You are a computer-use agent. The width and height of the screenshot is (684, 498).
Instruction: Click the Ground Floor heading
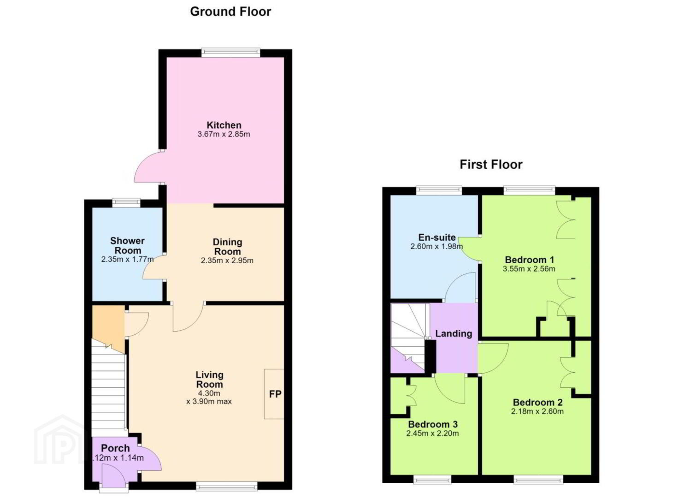tap(230, 12)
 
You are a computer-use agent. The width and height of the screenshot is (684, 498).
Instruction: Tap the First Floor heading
tap(491, 165)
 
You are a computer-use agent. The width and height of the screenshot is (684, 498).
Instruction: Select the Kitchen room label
tap(224, 125)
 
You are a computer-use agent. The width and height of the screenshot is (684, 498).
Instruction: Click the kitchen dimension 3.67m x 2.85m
tap(224, 134)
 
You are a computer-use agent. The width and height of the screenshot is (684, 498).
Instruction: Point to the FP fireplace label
tap(275, 394)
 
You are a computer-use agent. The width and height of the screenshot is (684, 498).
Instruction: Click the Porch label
tap(115, 448)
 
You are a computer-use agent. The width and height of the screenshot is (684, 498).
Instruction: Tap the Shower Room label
tap(127, 246)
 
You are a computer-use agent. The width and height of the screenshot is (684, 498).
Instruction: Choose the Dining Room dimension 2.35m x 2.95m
tap(227, 261)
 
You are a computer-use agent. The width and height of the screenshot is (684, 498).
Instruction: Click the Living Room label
tap(209, 379)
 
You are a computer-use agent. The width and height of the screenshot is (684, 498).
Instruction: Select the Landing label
tap(454, 333)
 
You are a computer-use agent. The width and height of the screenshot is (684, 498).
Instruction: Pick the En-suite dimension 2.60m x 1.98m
tap(436, 246)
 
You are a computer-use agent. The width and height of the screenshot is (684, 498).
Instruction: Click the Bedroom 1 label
tap(530, 260)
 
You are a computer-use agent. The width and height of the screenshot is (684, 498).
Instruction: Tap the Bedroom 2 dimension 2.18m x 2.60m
tap(537, 411)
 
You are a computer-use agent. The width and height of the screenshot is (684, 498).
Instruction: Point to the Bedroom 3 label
tap(433, 424)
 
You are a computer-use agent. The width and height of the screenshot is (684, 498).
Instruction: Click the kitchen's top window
tap(230, 53)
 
